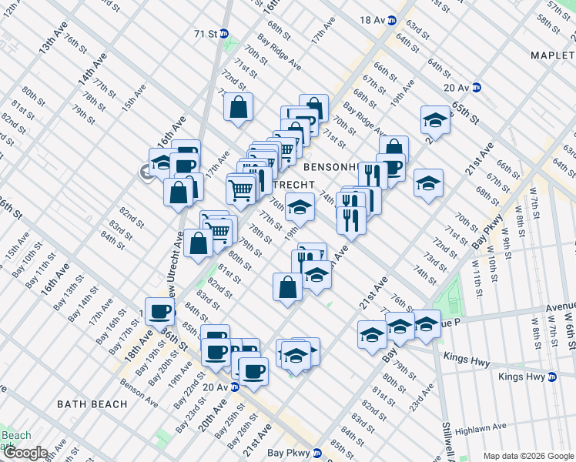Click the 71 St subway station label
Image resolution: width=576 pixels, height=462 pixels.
[x=205, y=33]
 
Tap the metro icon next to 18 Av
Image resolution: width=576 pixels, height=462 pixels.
[x=392, y=21]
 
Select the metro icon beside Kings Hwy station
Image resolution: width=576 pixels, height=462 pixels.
[x=552, y=377]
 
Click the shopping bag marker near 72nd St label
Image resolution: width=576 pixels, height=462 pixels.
[x=238, y=106]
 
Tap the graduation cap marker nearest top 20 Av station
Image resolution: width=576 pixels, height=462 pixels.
[x=435, y=119]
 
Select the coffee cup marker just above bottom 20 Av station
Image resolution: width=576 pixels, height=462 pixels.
[x=253, y=370]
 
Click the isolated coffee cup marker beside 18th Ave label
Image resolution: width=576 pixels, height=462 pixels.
[x=159, y=311]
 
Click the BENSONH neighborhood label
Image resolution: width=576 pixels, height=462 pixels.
[x=333, y=166]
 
